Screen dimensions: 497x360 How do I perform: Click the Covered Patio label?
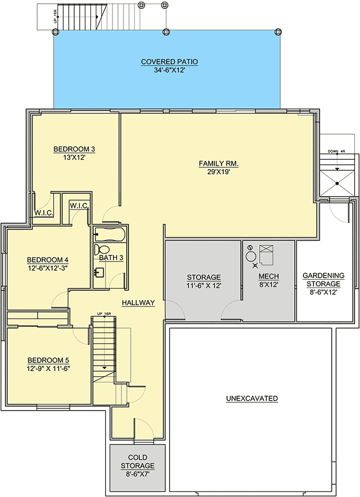tap(169, 62)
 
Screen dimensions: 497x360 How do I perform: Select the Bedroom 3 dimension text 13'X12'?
tap(74, 157)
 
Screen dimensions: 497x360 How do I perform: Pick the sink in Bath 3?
tap(100, 273)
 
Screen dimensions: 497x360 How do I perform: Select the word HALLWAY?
tap(138, 303)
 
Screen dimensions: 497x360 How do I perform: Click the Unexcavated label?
tap(252, 398)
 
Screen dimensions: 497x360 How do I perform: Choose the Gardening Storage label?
tap(323, 280)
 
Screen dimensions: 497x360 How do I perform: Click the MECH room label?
tap(269, 276)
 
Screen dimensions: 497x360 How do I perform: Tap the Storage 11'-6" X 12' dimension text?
tap(204, 285)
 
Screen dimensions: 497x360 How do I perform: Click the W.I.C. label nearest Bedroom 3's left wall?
tap(43, 213)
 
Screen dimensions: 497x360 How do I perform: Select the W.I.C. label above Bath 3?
tap(79, 206)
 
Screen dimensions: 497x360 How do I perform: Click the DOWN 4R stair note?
tap(336, 151)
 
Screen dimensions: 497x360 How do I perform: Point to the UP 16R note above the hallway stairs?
tap(104, 314)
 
